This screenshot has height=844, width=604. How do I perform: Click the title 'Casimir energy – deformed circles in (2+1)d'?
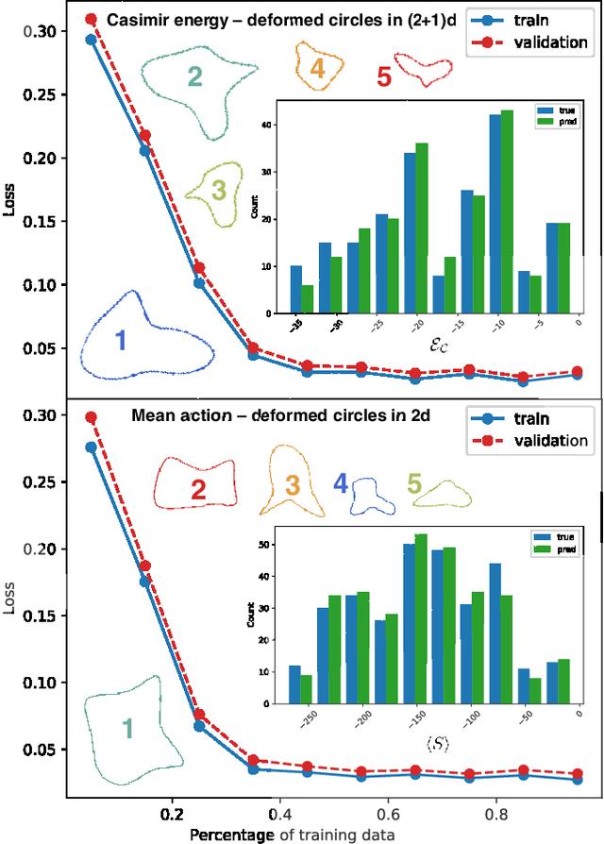(281, 20)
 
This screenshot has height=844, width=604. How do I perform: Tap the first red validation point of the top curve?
(92, 19)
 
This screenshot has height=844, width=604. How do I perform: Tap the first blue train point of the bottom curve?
(92, 447)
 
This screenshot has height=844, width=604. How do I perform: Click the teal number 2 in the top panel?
(193, 77)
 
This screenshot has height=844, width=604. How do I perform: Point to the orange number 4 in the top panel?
(316, 68)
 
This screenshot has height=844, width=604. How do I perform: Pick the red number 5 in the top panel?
(384, 77)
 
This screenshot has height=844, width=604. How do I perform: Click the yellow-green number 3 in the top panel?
(218, 192)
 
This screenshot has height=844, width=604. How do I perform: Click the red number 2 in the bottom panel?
(198, 489)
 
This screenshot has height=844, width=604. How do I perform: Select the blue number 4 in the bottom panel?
(340, 485)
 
